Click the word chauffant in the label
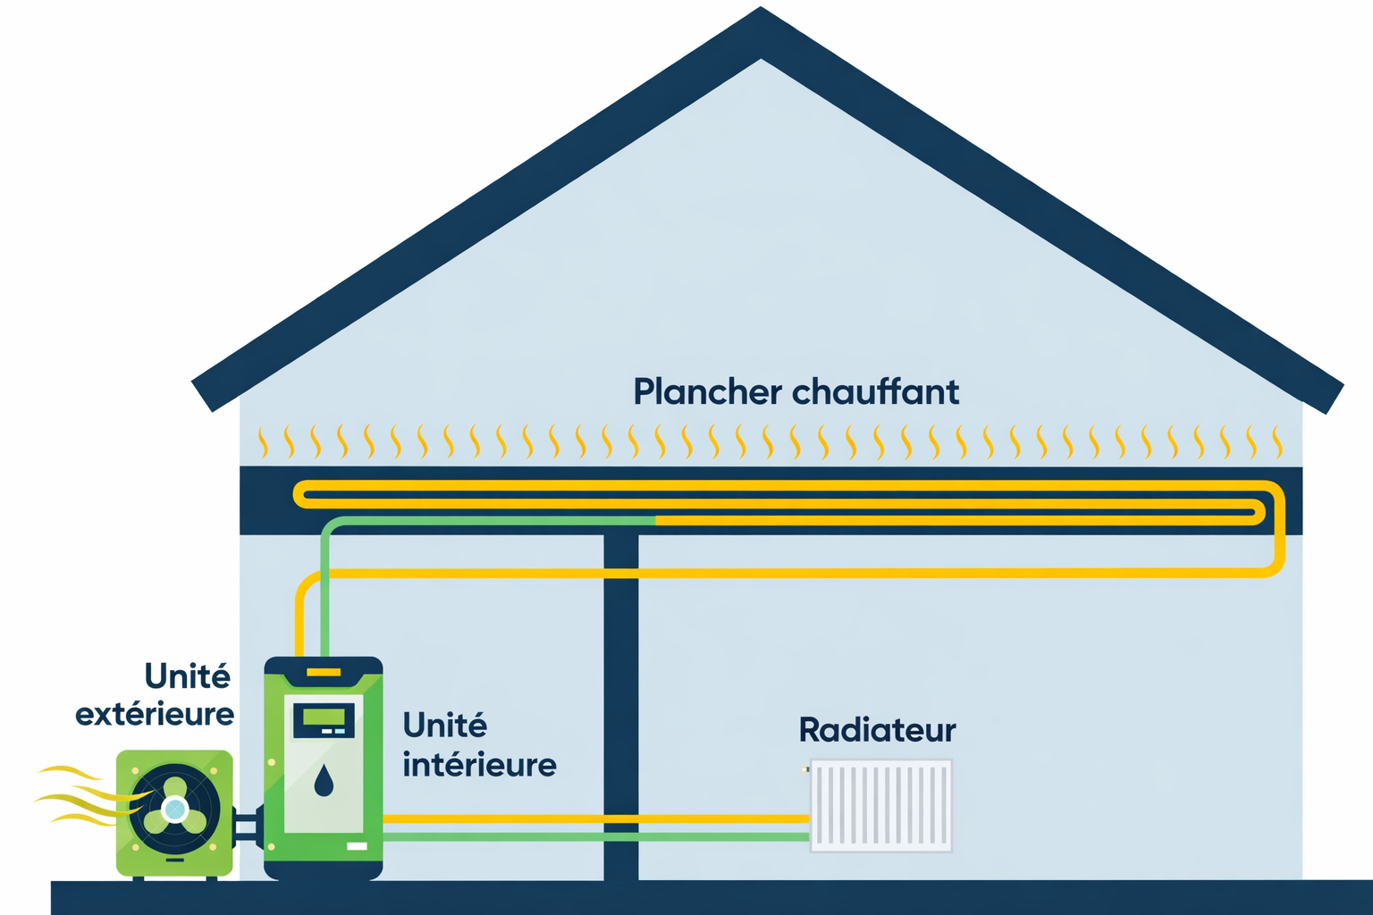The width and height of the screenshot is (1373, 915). point(875,392)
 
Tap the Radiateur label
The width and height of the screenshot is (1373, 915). point(877,730)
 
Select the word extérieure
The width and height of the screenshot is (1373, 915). point(155,714)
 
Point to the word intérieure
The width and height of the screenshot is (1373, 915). point(479,765)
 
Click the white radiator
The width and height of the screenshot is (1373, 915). point(880,805)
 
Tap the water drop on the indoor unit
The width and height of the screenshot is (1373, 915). point(324,780)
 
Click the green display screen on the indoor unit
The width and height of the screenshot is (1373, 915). point(324,717)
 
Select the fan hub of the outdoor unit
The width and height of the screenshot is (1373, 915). point(175,810)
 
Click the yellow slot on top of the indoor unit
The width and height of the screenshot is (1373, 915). point(324,672)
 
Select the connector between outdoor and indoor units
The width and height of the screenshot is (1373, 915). point(248,827)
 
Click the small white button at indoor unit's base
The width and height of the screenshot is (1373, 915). point(357,846)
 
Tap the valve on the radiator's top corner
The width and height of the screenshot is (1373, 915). point(806,768)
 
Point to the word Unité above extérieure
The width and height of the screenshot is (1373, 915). point(187,676)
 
